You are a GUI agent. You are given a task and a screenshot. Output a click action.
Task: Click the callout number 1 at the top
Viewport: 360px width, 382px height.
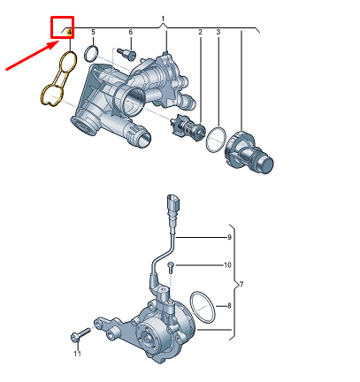(x=164, y=19)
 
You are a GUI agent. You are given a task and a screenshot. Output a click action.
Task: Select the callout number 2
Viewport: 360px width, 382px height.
(x=200, y=33)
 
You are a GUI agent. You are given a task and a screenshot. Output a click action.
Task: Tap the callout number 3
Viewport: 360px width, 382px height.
(x=218, y=33)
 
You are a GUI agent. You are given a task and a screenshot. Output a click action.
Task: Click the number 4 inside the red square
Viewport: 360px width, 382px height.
(x=69, y=33)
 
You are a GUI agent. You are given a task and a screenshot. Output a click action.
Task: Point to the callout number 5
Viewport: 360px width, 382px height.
(x=93, y=33)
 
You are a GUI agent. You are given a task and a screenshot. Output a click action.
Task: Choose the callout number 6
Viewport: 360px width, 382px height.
(x=130, y=33)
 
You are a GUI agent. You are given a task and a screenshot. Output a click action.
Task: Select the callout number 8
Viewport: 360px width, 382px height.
(x=229, y=305)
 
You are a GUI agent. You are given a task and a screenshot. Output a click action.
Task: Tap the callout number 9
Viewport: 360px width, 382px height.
(x=229, y=237)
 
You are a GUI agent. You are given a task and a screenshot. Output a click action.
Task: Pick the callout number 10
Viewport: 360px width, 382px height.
(x=203, y=265)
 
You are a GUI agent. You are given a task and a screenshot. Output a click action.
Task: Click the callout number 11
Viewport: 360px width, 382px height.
(x=77, y=355)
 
